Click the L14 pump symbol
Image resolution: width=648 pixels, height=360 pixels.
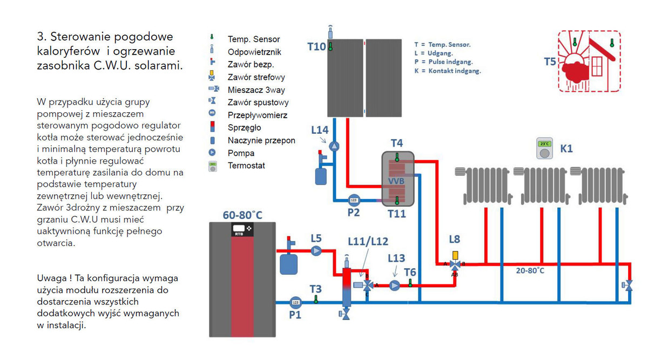point(334,146)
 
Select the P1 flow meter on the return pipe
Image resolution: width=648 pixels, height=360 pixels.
point(295,302)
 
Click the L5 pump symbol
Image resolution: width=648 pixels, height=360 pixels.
point(316,250)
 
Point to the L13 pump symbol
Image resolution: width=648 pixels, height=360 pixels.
point(395,285)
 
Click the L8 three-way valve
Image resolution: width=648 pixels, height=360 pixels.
point(455,264)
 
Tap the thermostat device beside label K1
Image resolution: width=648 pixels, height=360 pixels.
point(545,149)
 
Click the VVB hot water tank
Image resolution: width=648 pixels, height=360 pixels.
point(397,179)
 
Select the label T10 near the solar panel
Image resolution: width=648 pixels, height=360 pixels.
point(317,46)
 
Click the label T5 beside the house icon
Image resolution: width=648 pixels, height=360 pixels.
point(550,62)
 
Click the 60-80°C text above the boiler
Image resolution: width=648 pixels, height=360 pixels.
point(242,215)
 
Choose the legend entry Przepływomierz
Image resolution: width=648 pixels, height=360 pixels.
point(258,115)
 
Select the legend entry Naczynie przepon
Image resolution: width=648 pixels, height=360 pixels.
point(261,140)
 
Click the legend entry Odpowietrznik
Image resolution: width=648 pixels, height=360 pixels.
point(254,52)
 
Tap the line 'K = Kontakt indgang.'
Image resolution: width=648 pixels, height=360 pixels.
point(447,71)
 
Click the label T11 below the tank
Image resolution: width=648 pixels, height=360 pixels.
point(397,214)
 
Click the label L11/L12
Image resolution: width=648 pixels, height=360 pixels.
point(369,240)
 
